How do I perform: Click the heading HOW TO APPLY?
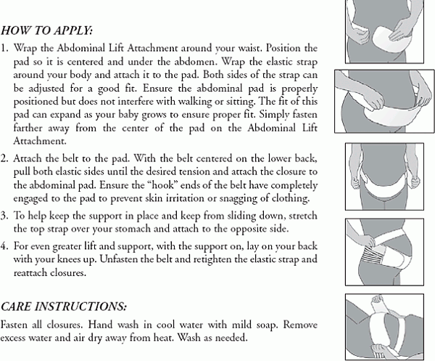47,31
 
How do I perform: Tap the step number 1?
5,48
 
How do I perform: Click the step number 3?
6,217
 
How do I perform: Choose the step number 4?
6,246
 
